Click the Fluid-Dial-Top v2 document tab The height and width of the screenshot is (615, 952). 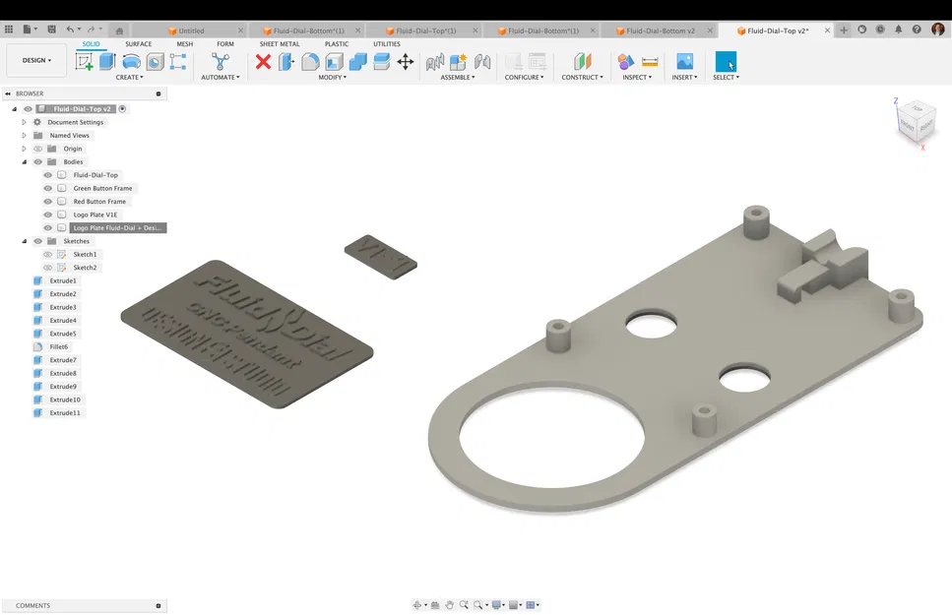coord(777,31)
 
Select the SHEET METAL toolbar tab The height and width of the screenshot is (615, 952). coord(280,44)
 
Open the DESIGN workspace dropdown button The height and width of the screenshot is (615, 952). coord(36,60)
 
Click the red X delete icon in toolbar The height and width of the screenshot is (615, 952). coord(263,62)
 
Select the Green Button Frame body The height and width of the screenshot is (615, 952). coord(102,188)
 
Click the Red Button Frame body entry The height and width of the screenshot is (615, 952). coord(99,202)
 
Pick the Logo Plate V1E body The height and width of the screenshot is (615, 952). coord(95,215)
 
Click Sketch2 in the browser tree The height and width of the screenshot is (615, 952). coord(85,268)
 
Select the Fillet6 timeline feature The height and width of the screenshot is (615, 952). coord(59,347)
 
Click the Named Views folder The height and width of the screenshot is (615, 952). coord(69,136)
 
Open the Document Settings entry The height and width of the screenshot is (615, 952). coord(75,122)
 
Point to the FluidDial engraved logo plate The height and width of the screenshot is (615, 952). coord(246,330)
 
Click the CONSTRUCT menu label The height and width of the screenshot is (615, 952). coord(581,77)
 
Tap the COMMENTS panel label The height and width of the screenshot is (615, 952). coord(32,606)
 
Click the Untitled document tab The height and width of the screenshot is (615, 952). coord(191,31)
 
